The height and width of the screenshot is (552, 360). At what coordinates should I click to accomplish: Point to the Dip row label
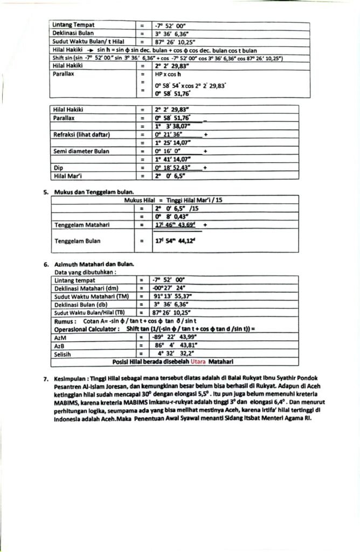[x=59, y=168]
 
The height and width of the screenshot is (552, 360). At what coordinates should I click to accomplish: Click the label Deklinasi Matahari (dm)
[x=86, y=289]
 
